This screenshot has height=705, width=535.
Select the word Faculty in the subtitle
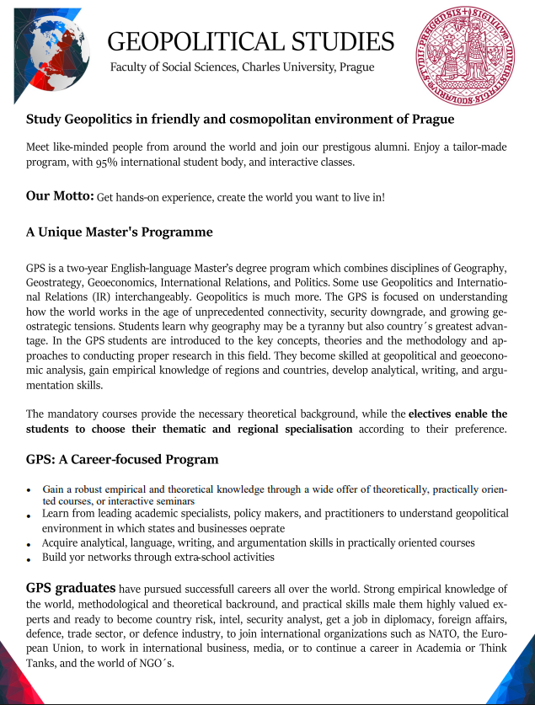131,67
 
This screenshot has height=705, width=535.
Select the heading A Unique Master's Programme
119,232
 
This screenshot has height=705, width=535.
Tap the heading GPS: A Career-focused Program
122,459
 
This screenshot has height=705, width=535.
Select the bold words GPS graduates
71,587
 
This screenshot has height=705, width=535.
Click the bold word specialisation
308,429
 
